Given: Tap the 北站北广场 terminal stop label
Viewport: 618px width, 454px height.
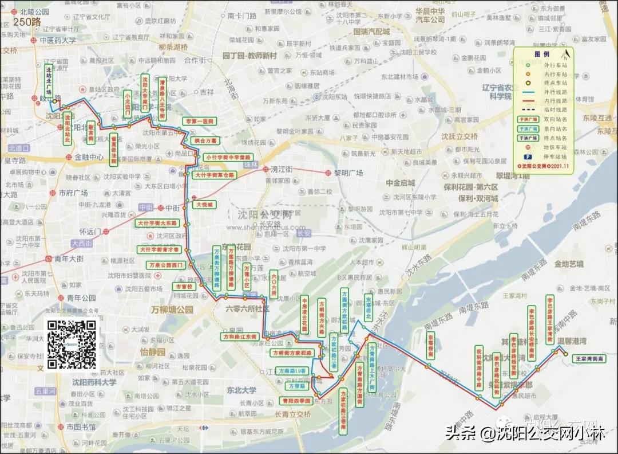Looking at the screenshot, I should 49,80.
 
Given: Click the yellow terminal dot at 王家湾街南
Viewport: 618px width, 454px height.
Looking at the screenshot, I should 566,354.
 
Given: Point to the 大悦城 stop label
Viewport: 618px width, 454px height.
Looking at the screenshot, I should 204,204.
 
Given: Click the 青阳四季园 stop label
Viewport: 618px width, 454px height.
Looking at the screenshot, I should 296,401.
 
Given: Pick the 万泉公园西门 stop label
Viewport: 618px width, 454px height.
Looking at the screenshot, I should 165,265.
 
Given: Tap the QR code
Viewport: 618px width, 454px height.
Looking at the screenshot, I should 73,344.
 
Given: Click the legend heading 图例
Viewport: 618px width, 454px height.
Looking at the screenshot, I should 541,53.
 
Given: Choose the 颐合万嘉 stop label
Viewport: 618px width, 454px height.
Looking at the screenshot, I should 204,140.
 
